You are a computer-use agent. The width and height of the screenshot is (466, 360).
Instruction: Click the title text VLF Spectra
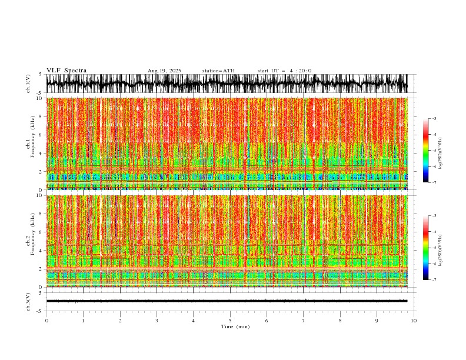click(66, 71)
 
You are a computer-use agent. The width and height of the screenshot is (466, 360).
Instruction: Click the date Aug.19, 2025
click(164, 71)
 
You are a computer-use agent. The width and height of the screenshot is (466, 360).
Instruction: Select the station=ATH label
click(218, 71)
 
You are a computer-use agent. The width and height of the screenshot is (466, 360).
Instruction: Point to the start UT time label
click(284, 71)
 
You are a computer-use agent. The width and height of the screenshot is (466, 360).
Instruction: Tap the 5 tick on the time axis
click(230, 320)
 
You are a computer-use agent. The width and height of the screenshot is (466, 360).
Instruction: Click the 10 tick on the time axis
click(414, 320)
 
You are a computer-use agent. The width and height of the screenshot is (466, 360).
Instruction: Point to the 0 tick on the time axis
click(46, 320)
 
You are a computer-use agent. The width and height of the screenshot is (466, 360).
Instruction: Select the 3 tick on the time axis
click(157, 320)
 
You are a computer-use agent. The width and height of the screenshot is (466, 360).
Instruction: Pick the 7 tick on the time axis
click(304, 320)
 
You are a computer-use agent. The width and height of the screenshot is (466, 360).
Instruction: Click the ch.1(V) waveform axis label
click(28, 84)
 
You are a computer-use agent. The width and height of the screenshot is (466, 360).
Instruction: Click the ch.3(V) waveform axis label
click(28, 301)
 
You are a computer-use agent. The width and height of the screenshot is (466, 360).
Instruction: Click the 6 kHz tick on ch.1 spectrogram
click(41, 135)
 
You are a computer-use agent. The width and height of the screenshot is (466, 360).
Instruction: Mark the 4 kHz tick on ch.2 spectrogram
click(41, 250)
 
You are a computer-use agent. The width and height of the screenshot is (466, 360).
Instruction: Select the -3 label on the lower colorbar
click(434, 216)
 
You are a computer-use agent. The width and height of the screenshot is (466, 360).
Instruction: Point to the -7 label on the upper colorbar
click(434, 182)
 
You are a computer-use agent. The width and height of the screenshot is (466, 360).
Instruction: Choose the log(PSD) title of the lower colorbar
click(441, 248)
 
